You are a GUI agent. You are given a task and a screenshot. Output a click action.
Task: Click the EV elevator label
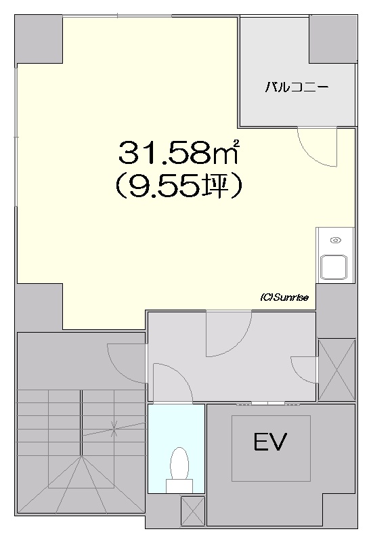coord(271,442)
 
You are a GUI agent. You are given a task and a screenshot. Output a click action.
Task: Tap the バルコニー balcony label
coord(297,88)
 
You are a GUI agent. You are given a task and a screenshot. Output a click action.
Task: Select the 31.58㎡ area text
coord(179,152)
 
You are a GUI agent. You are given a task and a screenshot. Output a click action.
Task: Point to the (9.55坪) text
coord(178,186)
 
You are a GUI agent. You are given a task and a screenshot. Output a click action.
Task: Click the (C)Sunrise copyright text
coord(284,297)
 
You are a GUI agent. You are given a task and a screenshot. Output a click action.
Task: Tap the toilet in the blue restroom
coord(179,470)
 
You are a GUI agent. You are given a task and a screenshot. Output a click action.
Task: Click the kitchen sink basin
coord(333,267)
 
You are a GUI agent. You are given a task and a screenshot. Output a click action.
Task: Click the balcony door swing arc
coord(311,152)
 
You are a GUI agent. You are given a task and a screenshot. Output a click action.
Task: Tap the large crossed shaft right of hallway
coord(336,369)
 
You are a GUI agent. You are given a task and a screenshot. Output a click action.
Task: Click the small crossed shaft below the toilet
coord(193,511)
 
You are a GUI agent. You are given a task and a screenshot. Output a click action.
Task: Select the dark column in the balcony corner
coord(332,39)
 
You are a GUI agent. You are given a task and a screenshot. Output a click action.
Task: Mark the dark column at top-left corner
coord(39,39)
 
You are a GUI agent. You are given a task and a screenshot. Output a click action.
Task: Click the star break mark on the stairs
coord(114,428)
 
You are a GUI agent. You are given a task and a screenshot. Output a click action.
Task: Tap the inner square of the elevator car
coord(271,449)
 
